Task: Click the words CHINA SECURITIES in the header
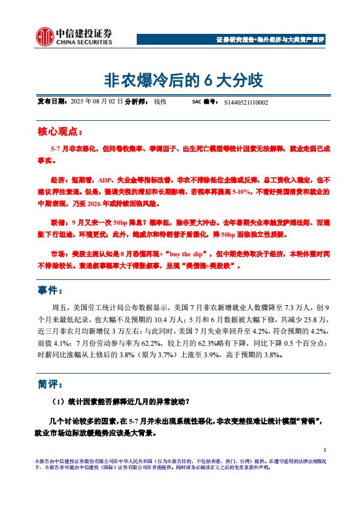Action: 85,43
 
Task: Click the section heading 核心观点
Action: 60,131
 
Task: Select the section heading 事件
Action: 51,291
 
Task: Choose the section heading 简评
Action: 51,384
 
